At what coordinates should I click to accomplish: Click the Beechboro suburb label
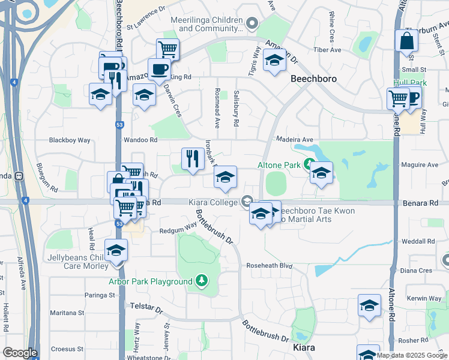(313, 79)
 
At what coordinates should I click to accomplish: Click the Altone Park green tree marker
(309, 164)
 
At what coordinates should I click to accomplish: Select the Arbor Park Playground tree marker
(202, 281)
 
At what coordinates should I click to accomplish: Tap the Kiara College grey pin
(247, 202)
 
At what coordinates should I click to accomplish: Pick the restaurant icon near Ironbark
(193, 159)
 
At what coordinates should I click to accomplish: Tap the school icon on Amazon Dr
(274, 60)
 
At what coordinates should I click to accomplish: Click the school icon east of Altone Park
(322, 173)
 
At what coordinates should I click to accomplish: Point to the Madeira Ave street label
(295, 139)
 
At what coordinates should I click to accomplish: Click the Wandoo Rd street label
(140, 140)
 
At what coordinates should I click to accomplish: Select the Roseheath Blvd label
(269, 265)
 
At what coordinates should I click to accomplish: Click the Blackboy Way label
(70, 140)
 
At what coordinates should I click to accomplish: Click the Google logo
(20, 353)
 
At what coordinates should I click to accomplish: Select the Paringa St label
(99, 295)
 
